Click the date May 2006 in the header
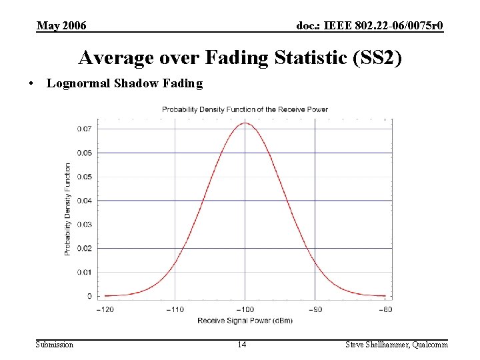click(x=61, y=26)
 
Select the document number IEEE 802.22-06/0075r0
click(x=370, y=26)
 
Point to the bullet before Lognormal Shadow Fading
click(x=31, y=84)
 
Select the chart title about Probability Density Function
click(x=245, y=109)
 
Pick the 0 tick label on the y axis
click(x=89, y=295)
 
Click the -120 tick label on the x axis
click(x=105, y=309)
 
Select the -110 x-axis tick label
click(x=175, y=309)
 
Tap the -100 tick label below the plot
click(x=245, y=309)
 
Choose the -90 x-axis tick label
click(x=315, y=309)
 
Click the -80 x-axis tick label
click(x=385, y=309)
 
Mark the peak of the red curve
click(x=245, y=123)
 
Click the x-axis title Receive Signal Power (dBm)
click(x=245, y=321)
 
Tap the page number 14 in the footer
click(x=242, y=344)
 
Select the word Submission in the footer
click(x=55, y=344)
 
